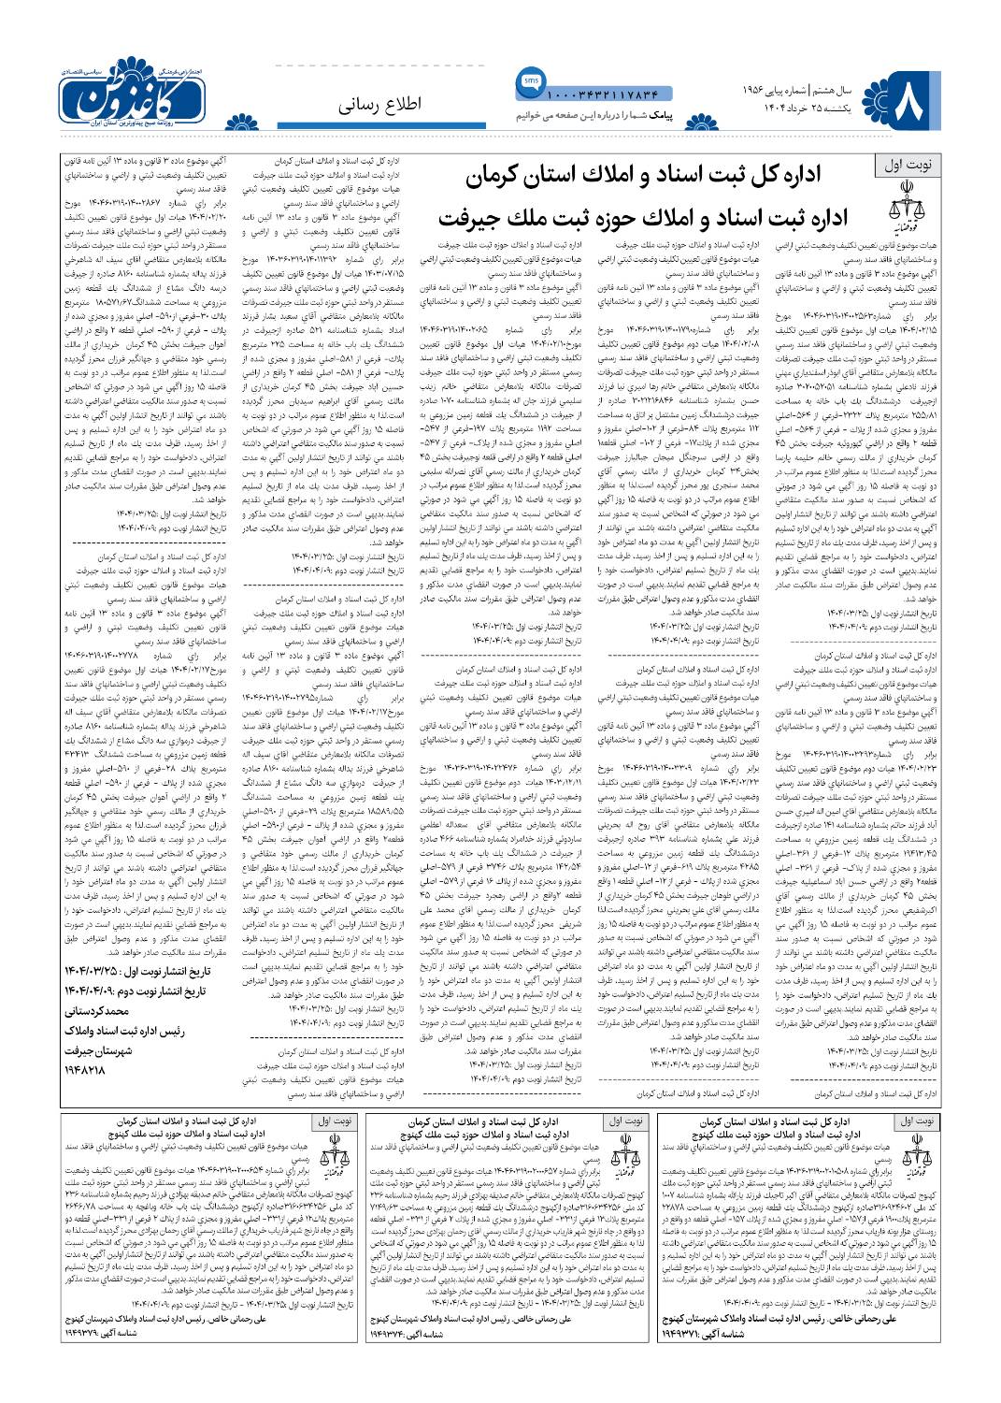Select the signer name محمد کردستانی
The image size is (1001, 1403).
point(105,1011)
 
